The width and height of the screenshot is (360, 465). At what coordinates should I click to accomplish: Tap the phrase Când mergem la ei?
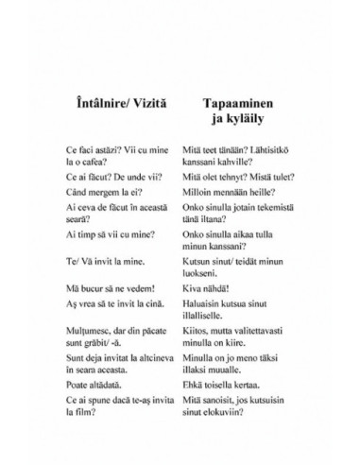click(x=96, y=192)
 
